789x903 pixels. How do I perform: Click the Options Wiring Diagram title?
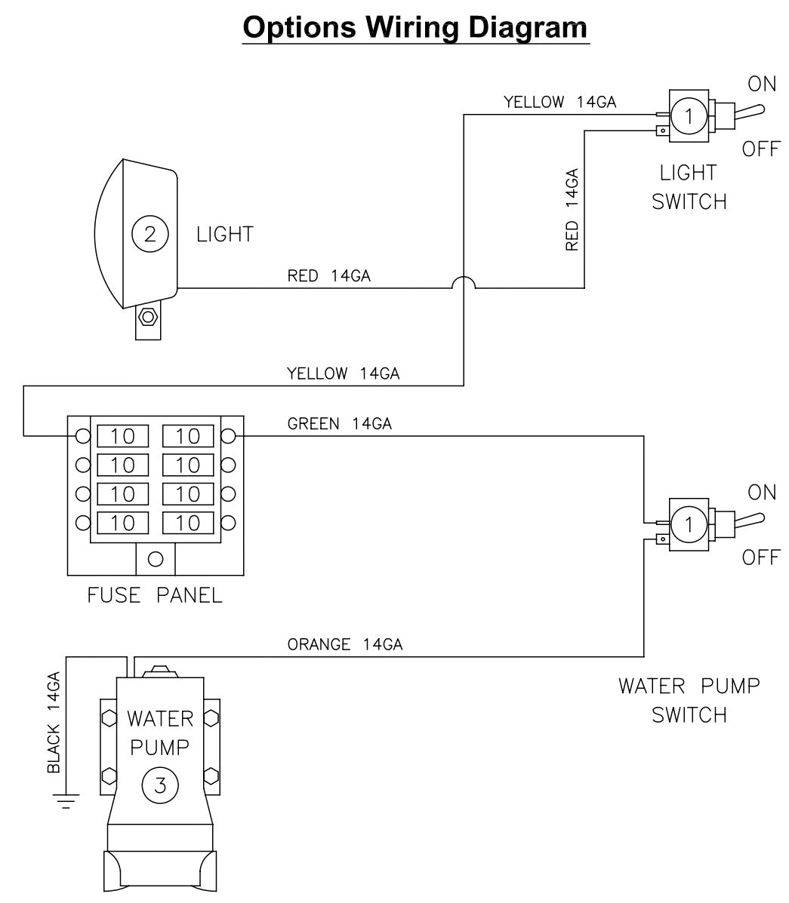click(415, 28)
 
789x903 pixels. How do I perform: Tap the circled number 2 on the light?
click(149, 234)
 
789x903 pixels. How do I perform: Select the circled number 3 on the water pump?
click(159, 785)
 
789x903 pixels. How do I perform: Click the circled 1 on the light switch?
click(688, 117)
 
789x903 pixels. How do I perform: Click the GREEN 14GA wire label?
click(339, 424)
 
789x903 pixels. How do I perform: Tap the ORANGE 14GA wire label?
click(344, 644)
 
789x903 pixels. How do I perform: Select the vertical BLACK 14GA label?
click(54, 723)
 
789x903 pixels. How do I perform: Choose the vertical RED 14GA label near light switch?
click(572, 210)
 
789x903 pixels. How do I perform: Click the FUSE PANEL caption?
click(155, 595)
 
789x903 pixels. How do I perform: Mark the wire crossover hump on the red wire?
click(463, 282)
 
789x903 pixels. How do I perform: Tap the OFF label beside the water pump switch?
click(760, 558)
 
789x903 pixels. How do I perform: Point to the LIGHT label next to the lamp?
click(224, 234)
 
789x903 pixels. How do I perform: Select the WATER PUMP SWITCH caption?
click(689, 700)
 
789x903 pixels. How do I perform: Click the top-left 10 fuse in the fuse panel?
click(122, 436)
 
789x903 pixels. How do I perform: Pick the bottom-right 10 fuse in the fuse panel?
click(188, 522)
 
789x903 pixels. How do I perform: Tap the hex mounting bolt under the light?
click(148, 316)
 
